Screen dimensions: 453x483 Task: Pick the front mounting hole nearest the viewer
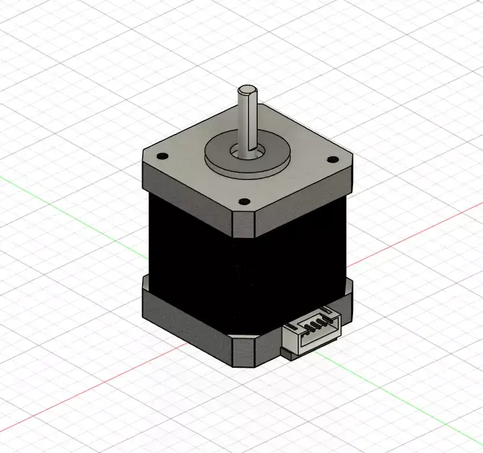(243, 202)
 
